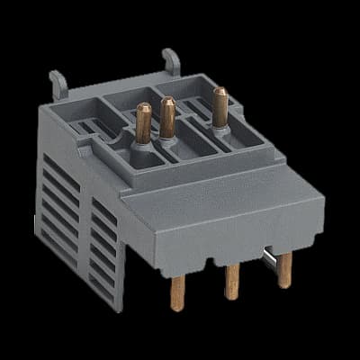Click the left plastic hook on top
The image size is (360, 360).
(57, 83)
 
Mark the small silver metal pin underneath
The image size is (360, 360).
(266, 261)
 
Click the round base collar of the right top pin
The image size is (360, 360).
(219, 124)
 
